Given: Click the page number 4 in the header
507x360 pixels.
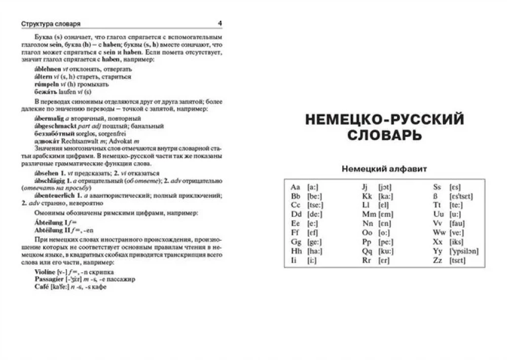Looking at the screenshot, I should pyautogui.click(x=220, y=23).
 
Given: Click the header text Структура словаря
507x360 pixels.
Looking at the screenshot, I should pyautogui.click(x=51, y=24).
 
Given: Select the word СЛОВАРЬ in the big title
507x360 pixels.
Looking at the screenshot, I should pyautogui.click(x=384, y=135).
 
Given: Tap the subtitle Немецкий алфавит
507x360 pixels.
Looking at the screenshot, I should pyautogui.click(x=384, y=168).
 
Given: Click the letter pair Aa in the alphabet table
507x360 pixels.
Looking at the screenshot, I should pyautogui.click(x=296, y=187).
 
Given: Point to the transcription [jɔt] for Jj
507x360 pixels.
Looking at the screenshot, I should pyautogui.click(x=385, y=187).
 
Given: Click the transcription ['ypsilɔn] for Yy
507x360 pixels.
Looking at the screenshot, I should pyautogui.click(x=464, y=251).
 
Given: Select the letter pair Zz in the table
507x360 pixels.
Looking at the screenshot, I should pyautogui.click(x=438, y=260).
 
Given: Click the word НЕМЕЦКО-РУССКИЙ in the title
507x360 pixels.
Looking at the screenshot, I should pyautogui.click(x=384, y=120).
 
